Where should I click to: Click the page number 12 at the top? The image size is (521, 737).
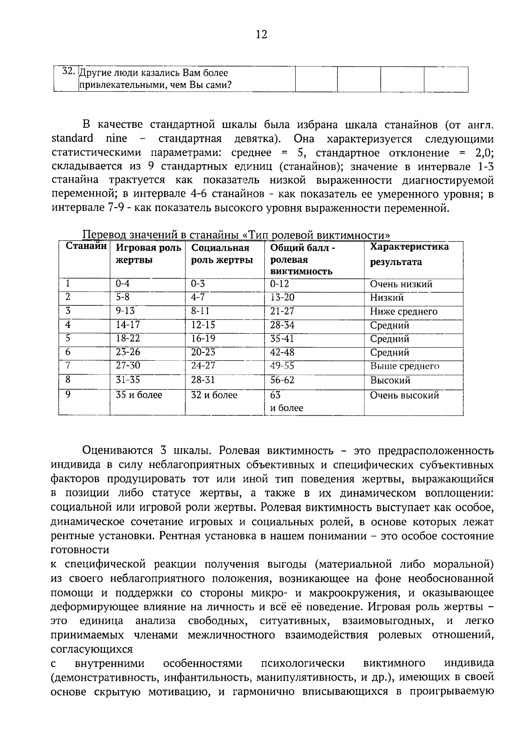[x=261, y=34]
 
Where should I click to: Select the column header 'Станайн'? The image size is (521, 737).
[x=86, y=246]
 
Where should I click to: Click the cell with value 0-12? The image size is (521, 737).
[x=279, y=284]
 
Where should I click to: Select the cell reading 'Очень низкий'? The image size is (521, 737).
[x=401, y=284]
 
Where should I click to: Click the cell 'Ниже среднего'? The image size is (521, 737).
[x=403, y=312]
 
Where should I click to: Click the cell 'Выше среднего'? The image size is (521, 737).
[x=404, y=366]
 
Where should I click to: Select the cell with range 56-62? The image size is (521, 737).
[x=282, y=380]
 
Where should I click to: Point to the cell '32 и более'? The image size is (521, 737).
[x=214, y=395]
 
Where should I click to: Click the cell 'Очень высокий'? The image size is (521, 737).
[x=404, y=395]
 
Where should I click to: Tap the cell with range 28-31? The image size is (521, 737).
[x=203, y=380]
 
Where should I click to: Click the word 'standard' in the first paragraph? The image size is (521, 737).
[x=72, y=139]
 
